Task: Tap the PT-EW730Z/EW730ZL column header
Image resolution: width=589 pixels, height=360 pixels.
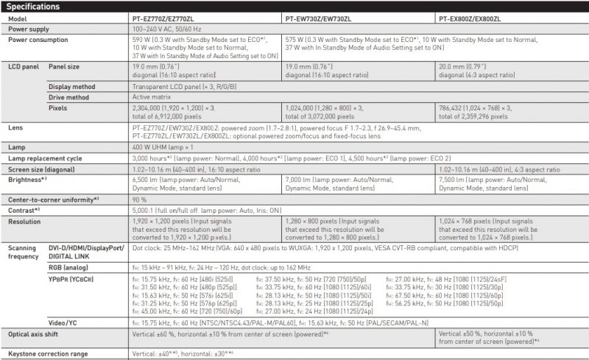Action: pos(320,18)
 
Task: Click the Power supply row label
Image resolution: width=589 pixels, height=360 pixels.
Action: pos(29,28)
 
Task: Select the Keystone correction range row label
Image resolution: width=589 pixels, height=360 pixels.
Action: pos(47,354)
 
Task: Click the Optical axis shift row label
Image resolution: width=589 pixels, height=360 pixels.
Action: pos(35,333)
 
